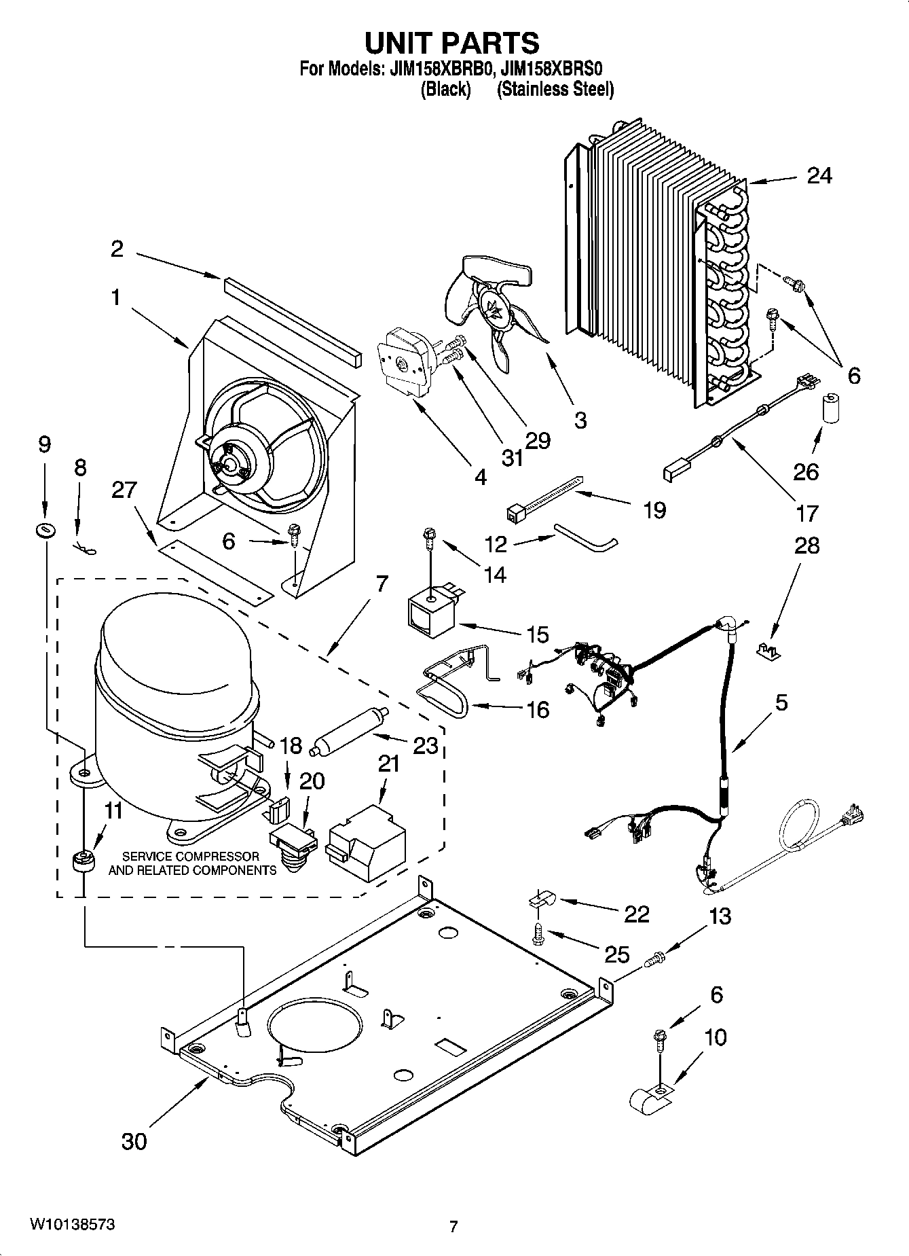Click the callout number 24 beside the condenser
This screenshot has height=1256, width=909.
(x=819, y=176)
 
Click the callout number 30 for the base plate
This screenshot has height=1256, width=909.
(x=134, y=1141)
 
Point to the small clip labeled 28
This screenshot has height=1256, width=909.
(x=768, y=650)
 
